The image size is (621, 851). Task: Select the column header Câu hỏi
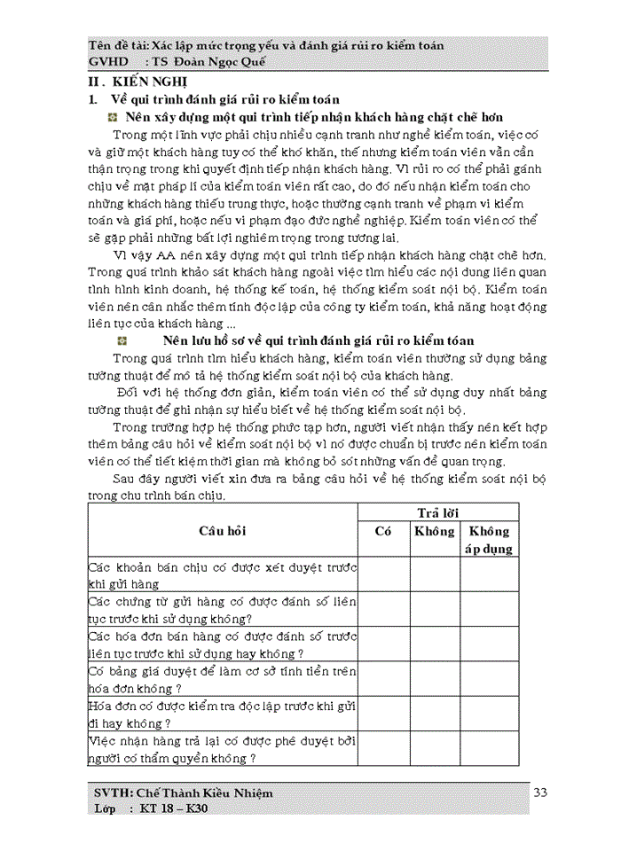[222, 530]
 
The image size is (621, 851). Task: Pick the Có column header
[383, 531]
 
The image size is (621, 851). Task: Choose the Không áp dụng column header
[489, 540]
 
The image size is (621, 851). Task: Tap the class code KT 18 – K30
[174, 809]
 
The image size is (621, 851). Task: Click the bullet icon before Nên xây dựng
[113, 117]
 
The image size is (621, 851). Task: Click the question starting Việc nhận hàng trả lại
[222, 749]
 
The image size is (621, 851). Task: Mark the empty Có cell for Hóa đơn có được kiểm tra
[383, 714]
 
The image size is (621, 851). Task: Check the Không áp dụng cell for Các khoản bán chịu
[489, 574]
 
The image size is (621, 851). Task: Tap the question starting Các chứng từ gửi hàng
[222, 610]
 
